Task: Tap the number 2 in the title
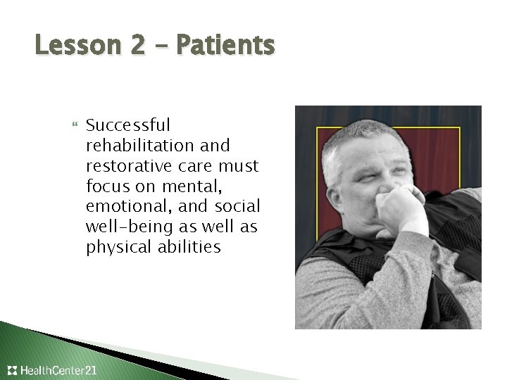coord(136,46)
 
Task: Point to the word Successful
coord(127,125)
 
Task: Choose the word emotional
coord(121,207)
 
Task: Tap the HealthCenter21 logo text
coord(60,369)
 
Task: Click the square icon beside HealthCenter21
coord(12,369)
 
